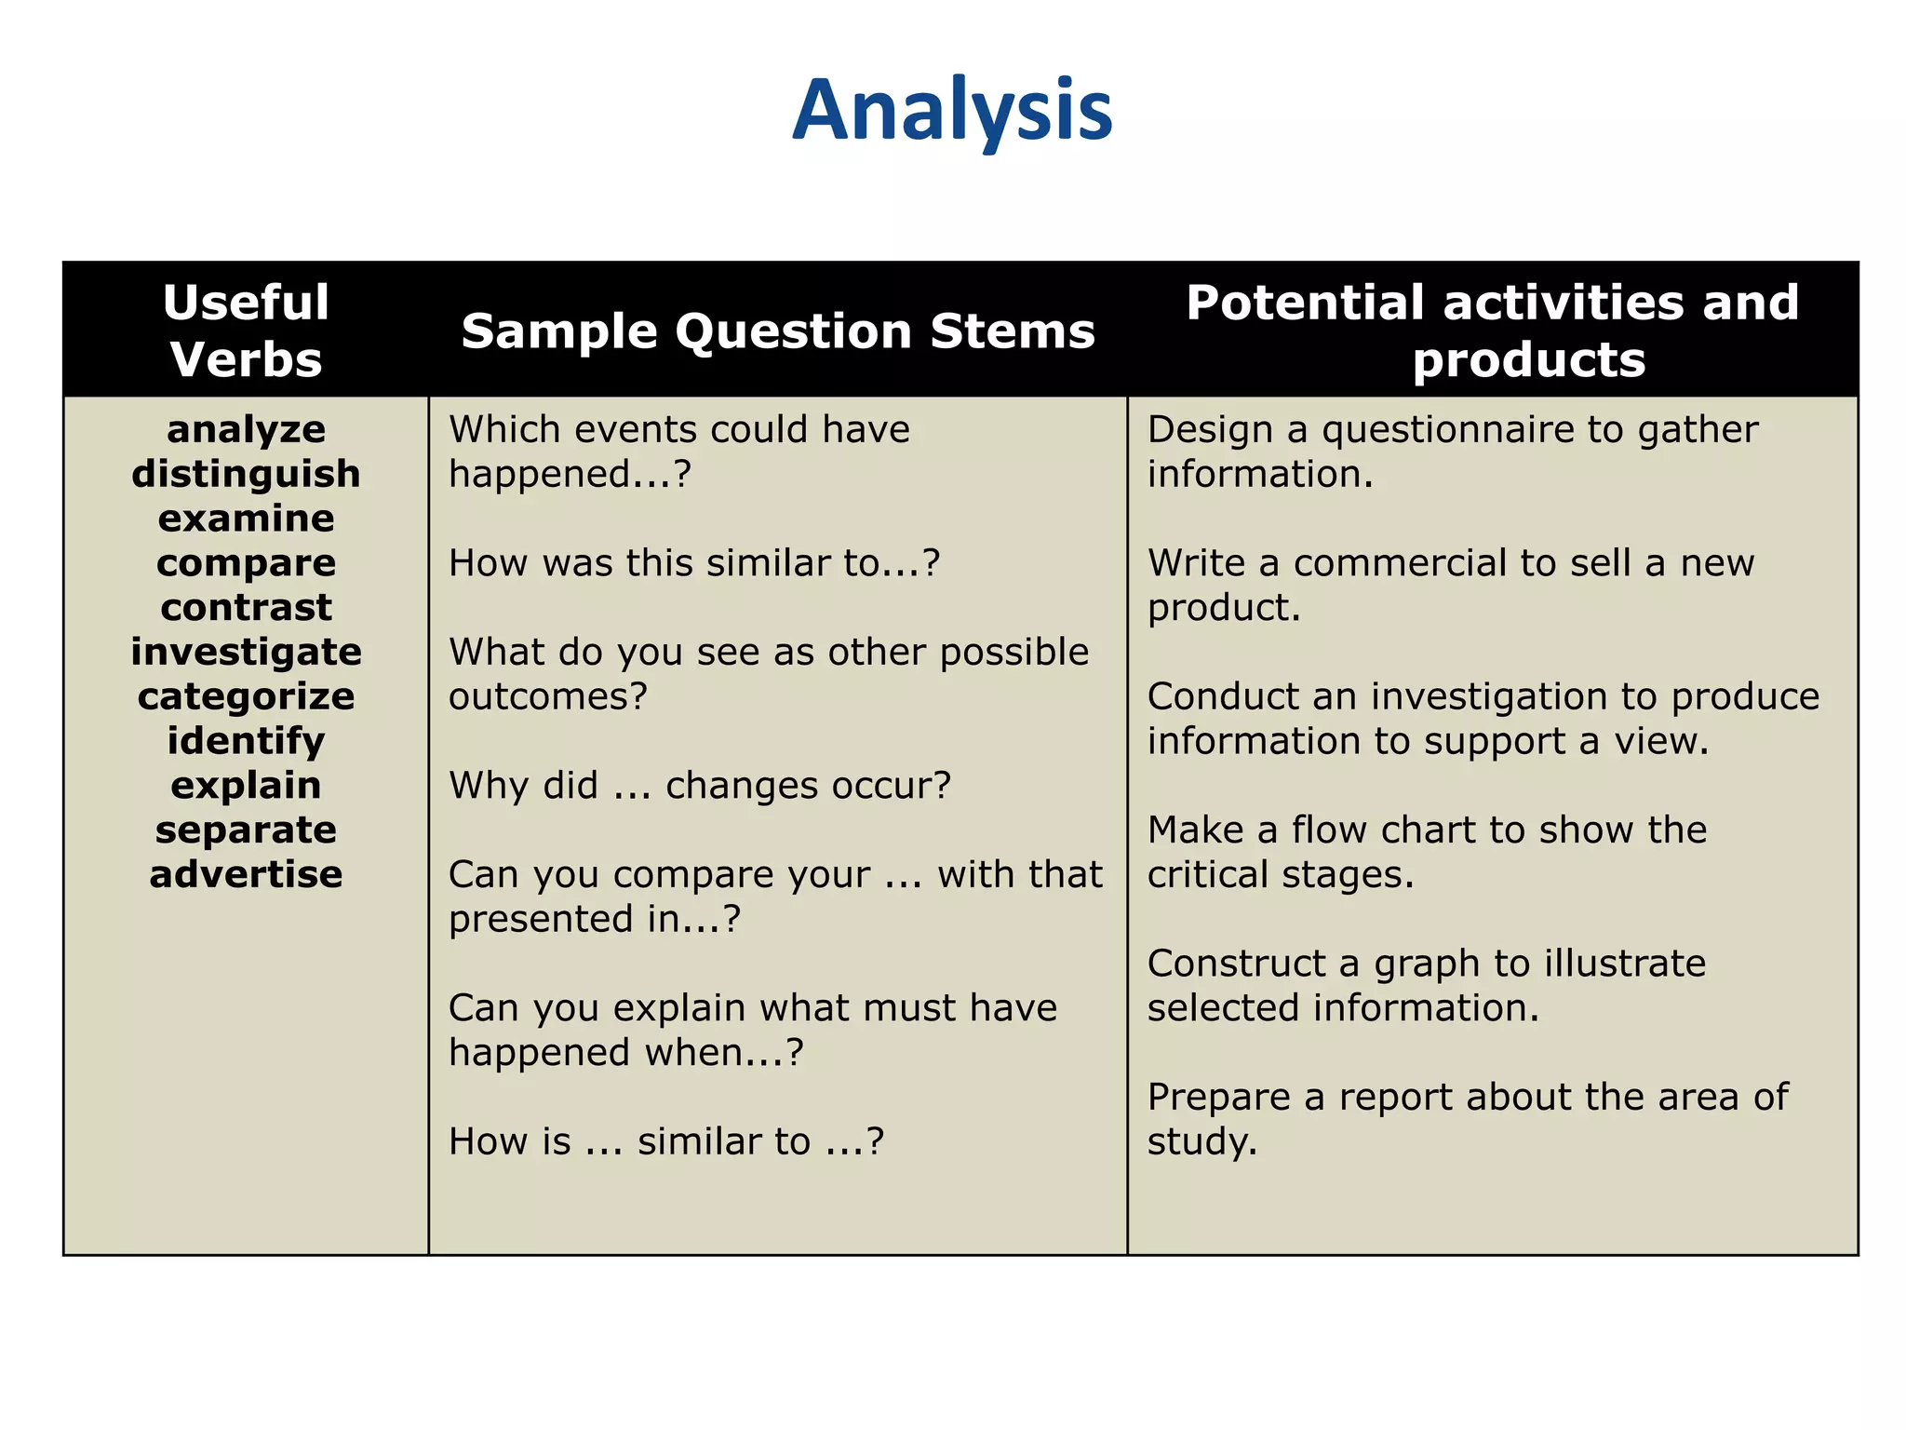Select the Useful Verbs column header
[x=246, y=331]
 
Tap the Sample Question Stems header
[x=778, y=331]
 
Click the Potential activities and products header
[x=1492, y=331]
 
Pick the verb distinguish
[x=246, y=474]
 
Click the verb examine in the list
[x=246, y=519]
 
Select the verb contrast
[x=246, y=608]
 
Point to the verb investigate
[x=246, y=652]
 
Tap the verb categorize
[x=246, y=696]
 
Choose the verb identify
[x=246, y=741]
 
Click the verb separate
[x=246, y=830]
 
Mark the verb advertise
[x=246, y=874]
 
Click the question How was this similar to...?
[x=694, y=563]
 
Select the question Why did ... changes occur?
[x=700, y=786]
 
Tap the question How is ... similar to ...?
[x=665, y=1141]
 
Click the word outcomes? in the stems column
[x=547, y=696]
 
